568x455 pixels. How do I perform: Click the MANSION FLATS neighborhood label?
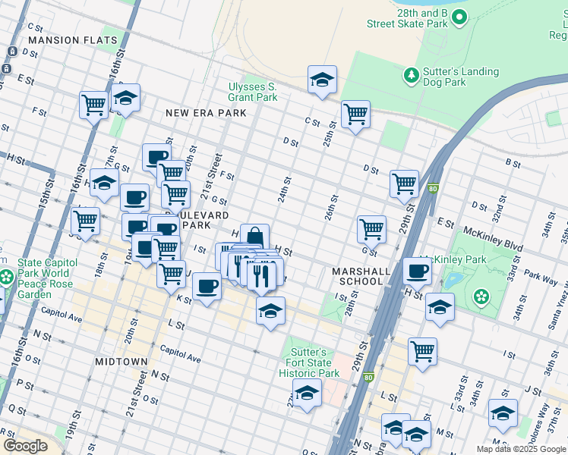(x=73, y=40)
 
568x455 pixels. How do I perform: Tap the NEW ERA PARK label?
(x=207, y=113)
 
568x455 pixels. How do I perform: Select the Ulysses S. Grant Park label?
(x=253, y=92)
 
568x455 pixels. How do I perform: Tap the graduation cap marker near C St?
(x=322, y=80)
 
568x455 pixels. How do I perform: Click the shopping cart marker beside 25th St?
(x=355, y=115)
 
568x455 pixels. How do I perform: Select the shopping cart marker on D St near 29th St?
(x=404, y=184)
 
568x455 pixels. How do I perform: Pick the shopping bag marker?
(x=254, y=237)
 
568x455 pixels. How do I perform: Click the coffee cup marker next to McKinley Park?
(x=417, y=271)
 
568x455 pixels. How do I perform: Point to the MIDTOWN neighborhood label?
(x=121, y=362)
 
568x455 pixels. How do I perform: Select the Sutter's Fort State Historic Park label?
(x=309, y=363)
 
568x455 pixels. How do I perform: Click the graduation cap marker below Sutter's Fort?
(x=306, y=394)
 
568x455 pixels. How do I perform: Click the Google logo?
(x=25, y=446)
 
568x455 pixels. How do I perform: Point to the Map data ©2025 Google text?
(x=521, y=449)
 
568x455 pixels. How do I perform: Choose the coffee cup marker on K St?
(x=207, y=287)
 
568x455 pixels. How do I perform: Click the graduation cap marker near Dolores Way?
(x=503, y=413)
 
